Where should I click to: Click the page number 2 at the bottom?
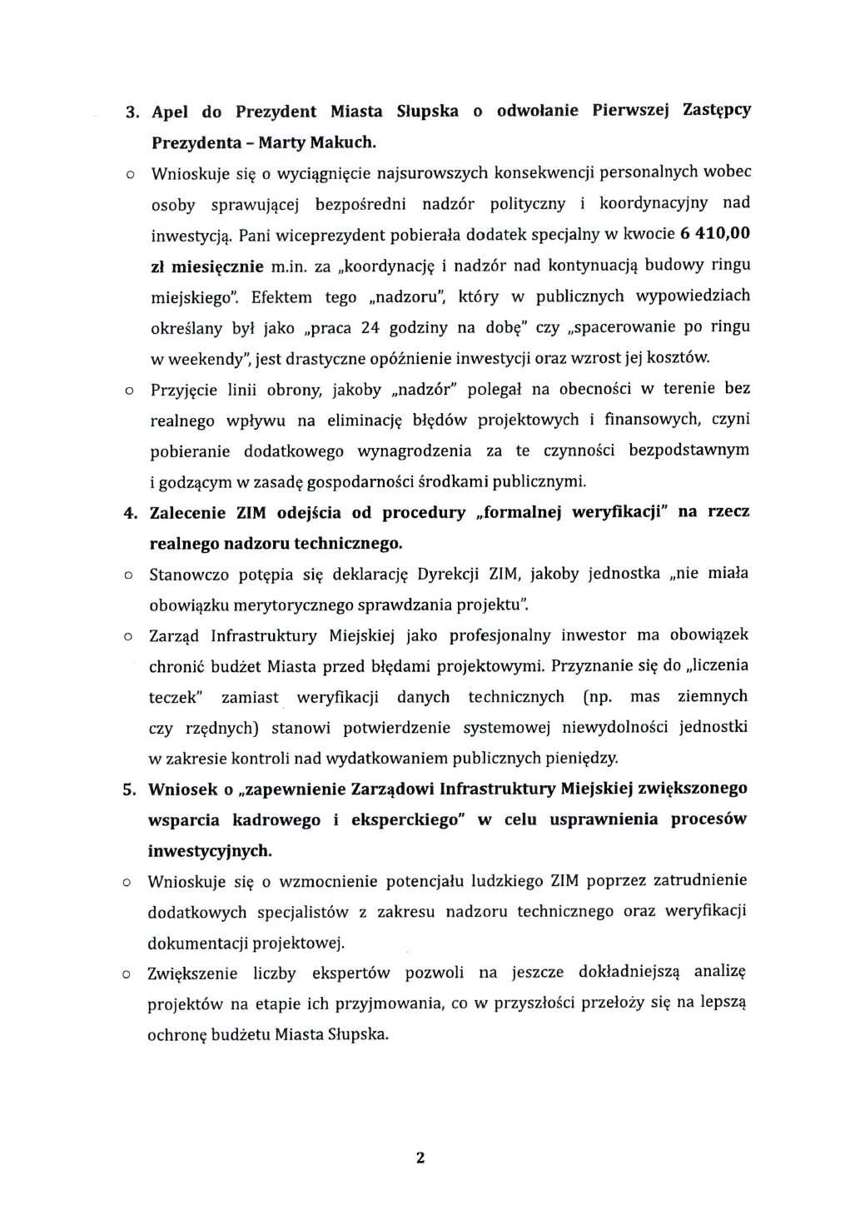[x=420, y=1158]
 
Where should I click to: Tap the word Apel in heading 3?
[x=171, y=112]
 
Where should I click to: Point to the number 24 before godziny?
[x=370, y=327]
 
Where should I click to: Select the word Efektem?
[x=282, y=296]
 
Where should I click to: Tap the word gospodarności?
[x=360, y=481]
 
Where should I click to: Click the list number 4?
[x=130, y=513]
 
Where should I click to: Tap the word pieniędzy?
[x=584, y=759]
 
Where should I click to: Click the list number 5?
[x=130, y=789]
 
